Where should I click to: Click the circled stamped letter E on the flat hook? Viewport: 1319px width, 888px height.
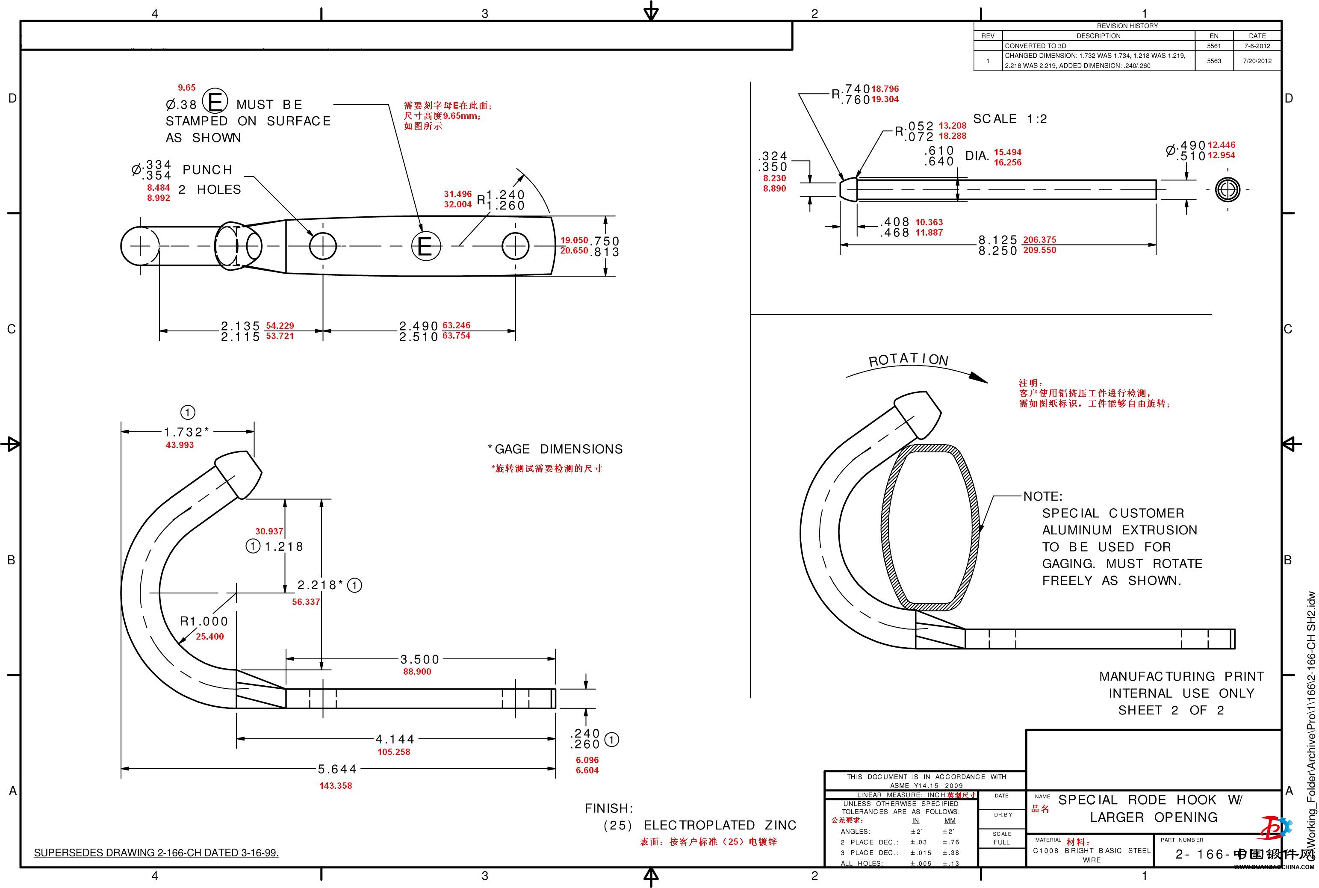click(x=425, y=246)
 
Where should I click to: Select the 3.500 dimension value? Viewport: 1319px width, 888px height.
click(x=420, y=659)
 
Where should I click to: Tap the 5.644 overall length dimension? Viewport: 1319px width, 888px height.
click(x=337, y=769)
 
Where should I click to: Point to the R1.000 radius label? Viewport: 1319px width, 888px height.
click(x=204, y=621)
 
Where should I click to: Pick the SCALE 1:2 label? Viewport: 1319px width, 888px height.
click(x=1010, y=119)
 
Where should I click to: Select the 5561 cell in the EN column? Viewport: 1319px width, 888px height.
click(x=1214, y=46)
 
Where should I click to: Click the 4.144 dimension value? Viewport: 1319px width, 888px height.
click(x=395, y=739)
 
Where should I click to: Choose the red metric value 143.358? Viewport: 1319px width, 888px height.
click(x=335, y=785)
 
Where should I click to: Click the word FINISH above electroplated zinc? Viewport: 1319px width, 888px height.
click(x=609, y=808)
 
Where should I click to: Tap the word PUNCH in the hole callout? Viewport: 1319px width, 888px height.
click(x=207, y=170)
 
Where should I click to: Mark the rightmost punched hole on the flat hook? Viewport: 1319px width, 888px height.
click(x=515, y=246)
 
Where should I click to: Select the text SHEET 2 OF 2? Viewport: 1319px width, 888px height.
click(x=1171, y=710)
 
